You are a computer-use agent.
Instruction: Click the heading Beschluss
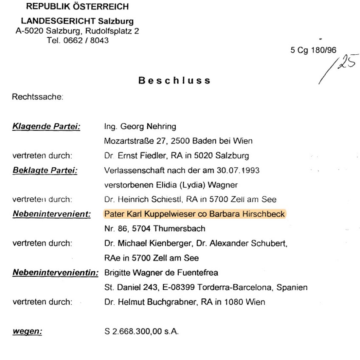click(x=174, y=81)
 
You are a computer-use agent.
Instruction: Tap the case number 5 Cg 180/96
click(x=313, y=50)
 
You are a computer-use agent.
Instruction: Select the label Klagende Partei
click(x=46, y=126)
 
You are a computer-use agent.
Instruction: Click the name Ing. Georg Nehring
click(x=140, y=126)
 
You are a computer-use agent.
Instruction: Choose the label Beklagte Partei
click(x=45, y=170)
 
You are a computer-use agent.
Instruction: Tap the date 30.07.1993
click(x=238, y=170)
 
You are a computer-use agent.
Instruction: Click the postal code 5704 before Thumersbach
click(x=142, y=228)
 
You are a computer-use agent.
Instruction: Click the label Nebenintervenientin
click(x=55, y=273)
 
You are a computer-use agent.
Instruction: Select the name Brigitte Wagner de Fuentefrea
click(x=161, y=273)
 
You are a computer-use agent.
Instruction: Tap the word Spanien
click(x=292, y=287)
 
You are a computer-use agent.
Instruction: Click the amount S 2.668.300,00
click(x=133, y=331)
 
